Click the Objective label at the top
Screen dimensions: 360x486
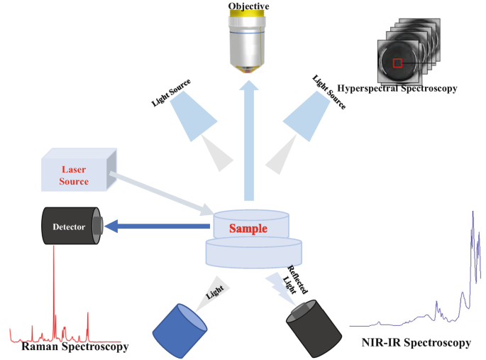(249, 6)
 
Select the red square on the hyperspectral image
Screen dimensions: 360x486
(397, 62)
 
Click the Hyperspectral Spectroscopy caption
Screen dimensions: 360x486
(398, 89)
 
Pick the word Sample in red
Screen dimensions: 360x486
(248, 229)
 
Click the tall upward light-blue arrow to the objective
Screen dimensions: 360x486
(249, 142)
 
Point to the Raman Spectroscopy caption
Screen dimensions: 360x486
(75, 347)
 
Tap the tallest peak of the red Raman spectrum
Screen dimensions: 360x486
(54, 256)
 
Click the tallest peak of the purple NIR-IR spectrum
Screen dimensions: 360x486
(473, 213)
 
